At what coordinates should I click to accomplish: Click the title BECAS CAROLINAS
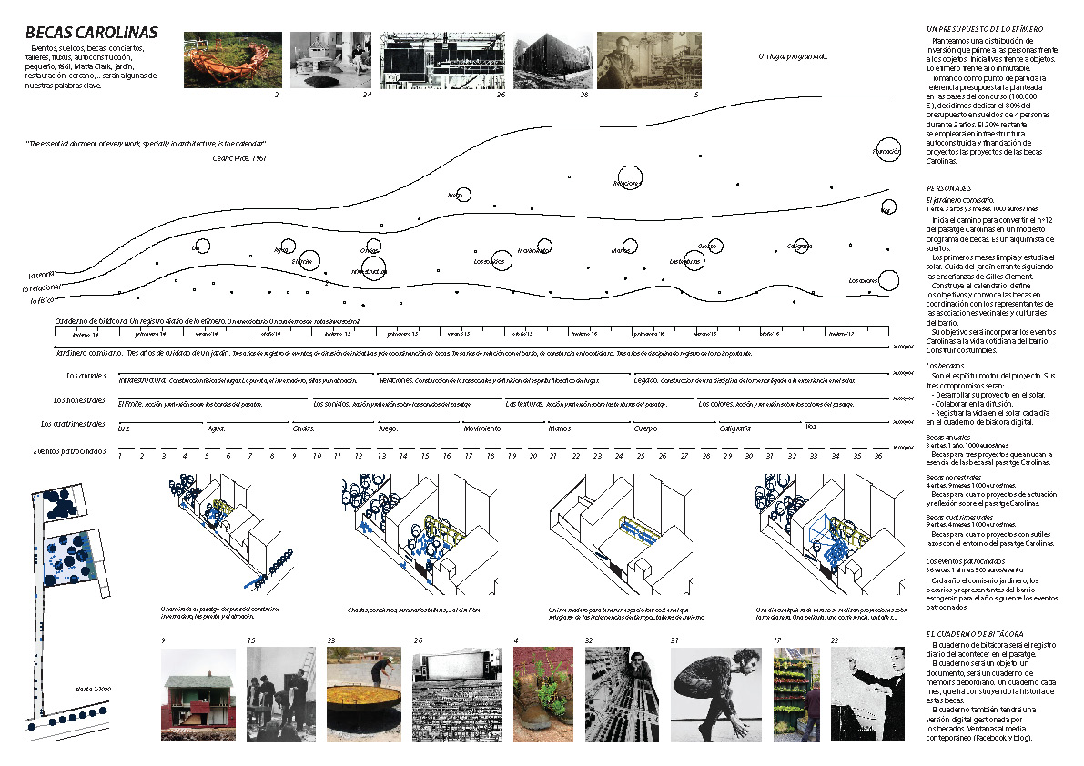(92, 34)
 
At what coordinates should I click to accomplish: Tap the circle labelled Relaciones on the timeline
(629, 179)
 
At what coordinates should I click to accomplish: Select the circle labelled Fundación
(886, 151)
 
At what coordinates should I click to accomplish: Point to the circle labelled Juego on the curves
(462, 194)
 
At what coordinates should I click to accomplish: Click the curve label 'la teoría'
(42, 274)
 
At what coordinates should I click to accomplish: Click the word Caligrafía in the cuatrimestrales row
(734, 428)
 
